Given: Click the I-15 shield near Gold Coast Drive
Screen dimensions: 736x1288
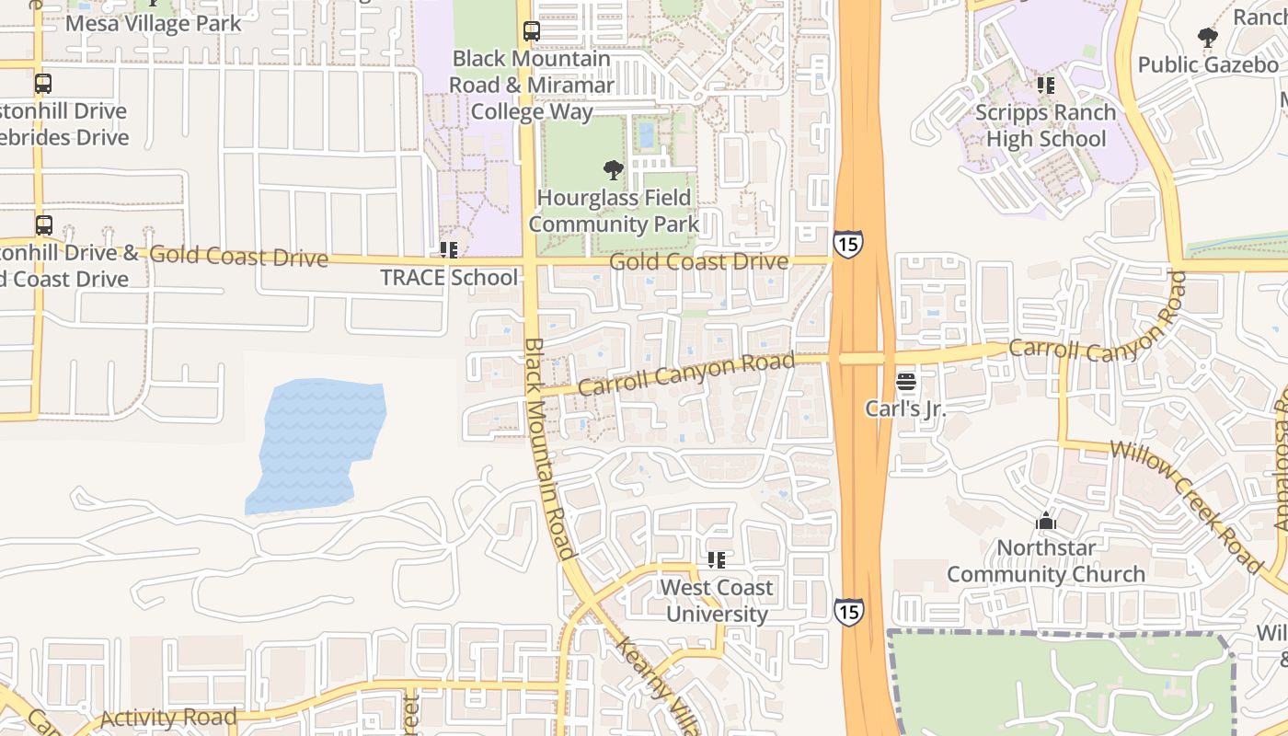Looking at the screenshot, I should pyautogui.click(x=847, y=244).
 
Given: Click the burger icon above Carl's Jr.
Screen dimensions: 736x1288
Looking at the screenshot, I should pyautogui.click(x=906, y=382).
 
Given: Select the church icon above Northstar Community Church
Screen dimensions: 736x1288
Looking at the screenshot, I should pyautogui.click(x=1045, y=522).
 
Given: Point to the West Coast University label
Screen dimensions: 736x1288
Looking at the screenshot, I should pyautogui.click(x=717, y=601).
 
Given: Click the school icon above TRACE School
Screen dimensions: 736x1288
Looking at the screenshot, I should pyautogui.click(x=449, y=250).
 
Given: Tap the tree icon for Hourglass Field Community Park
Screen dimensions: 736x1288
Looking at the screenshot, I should pyautogui.click(x=614, y=170).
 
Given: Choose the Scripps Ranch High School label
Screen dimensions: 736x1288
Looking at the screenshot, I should pyautogui.click(x=1046, y=126).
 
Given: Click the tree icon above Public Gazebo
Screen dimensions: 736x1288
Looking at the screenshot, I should pyautogui.click(x=1208, y=38).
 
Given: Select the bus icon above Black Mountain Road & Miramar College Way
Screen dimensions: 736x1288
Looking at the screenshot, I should pyautogui.click(x=532, y=31).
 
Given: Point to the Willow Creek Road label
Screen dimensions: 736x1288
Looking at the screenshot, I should pyautogui.click(x=1186, y=504).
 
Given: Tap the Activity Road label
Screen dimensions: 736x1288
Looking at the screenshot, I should pyautogui.click(x=168, y=718).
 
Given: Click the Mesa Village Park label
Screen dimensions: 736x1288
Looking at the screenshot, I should pyautogui.click(x=154, y=23).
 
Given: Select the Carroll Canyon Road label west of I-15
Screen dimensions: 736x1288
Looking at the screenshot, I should pyautogui.click(x=686, y=374).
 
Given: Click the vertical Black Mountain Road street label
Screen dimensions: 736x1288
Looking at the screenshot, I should pyautogui.click(x=549, y=449).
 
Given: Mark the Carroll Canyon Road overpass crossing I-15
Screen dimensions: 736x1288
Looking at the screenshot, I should pyautogui.click(x=861, y=358).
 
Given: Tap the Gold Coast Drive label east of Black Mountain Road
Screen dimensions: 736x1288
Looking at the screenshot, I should pyautogui.click(x=699, y=262).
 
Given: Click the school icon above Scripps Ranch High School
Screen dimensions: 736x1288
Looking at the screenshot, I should pyautogui.click(x=1046, y=86).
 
